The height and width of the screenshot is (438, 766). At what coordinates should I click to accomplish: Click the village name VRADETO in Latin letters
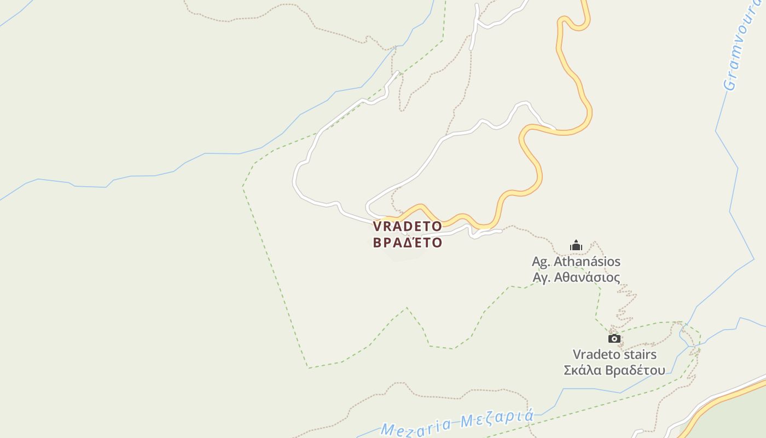tap(407, 226)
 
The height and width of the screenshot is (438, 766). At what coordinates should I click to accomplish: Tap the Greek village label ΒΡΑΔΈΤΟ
tap(407, 243)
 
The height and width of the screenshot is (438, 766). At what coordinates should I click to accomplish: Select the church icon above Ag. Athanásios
tap(576, 245)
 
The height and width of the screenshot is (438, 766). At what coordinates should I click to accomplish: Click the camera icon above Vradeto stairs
tap(614, 338)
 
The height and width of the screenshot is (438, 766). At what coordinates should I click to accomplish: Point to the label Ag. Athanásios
tap(576, 262)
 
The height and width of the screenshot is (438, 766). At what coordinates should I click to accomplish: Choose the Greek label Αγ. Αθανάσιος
tap(576, 278)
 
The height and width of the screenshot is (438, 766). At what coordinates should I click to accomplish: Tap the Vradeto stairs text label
tap(614, 354)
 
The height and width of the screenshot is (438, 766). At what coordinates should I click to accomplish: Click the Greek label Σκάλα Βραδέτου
tap(614, 370)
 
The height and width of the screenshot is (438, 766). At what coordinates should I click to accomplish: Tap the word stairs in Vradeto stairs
tap(639, 354)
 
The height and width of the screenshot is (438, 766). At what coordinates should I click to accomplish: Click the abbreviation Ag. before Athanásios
tap(541, 262)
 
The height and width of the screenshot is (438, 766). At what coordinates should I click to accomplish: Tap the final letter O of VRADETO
tap(436, 226)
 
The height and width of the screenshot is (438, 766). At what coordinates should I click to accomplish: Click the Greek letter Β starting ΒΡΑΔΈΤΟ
tap(378, 243)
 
